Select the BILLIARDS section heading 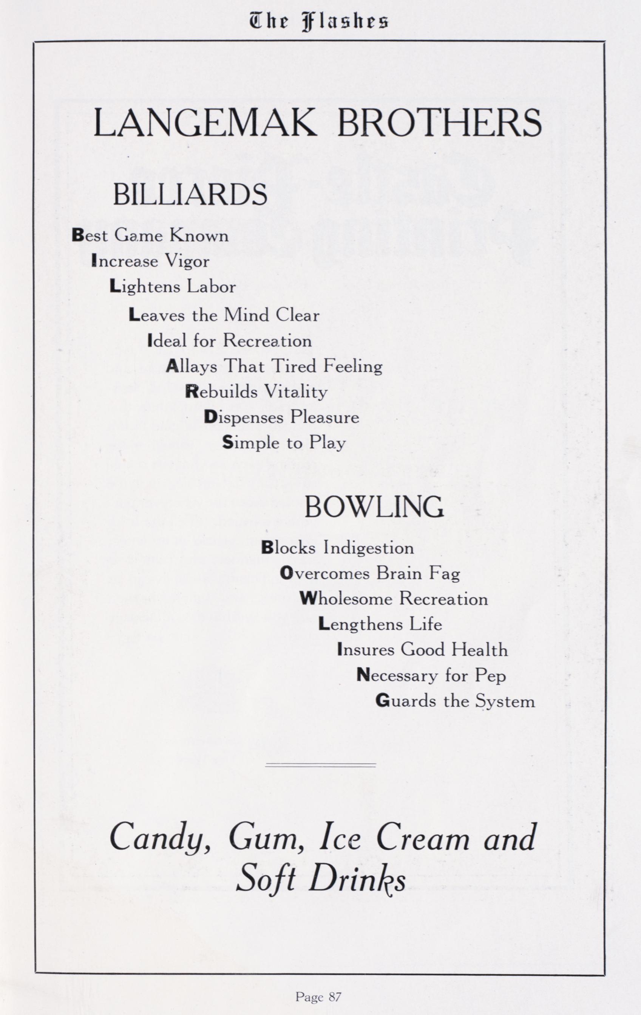pos(190,194)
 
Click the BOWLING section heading pos(374,507)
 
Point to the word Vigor pos(187,262)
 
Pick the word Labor pos(212,287)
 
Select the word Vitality pos(296,392)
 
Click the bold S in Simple pos(227,442)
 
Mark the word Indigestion pos(369,548)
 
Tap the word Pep pos(490,676)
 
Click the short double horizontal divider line pos(320,765)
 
